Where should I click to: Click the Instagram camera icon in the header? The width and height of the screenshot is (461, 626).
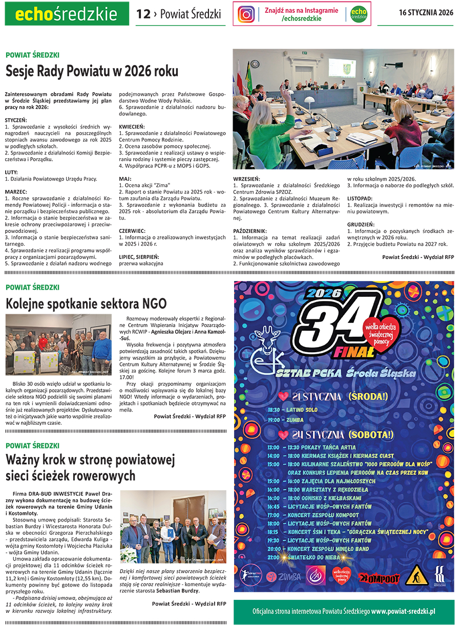pos(246,14)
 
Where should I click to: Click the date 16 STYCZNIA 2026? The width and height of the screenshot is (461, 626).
pos(426,13)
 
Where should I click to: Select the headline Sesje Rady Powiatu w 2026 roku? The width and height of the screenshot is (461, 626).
pos(92,71)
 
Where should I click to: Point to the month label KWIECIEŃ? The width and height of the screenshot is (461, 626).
pos(132,126)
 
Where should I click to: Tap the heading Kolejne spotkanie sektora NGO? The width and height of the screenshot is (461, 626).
pos(86,304)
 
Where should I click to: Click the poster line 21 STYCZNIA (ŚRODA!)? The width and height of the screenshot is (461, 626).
pos(335,397)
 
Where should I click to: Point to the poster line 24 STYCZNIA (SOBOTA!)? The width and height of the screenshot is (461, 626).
pos(336,435)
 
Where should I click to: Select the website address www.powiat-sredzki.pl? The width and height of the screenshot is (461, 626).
pos(403,611)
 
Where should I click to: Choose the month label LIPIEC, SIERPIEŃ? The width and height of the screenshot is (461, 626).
pos(139,256)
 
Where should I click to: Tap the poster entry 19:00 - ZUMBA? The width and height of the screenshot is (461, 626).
pos(285,420)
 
